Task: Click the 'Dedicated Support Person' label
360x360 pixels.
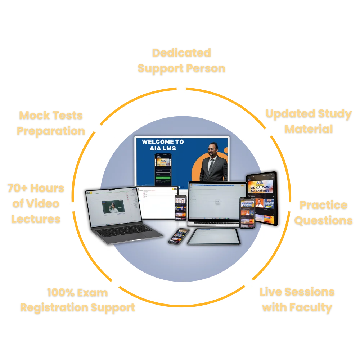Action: pyautogui.click(x=181, y=60)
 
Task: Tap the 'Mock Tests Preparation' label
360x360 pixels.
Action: pyautogui.click(x=51, y=123)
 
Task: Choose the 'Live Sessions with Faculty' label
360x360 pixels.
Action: pyautogui.click(x=297, y=299)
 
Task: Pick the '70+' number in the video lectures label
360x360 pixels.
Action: pyautogui.click(x=17, y=188)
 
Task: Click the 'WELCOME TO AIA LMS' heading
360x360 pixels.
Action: pyautogui.click(x=162, y=145)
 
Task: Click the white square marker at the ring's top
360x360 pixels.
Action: pyautogui.click(x=181, y=89)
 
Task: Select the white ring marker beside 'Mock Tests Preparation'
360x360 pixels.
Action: pyautogui.click(x=96, y=127)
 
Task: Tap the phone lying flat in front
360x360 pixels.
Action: pyautogui.click(x=179, y=236)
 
